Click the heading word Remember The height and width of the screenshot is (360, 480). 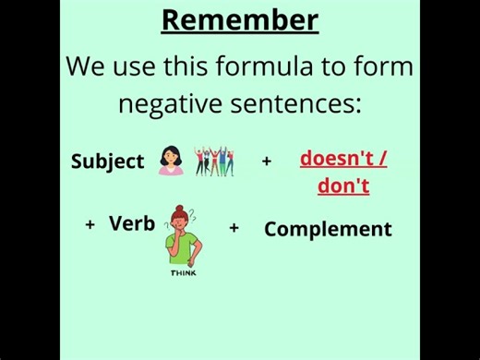tap(240, 19)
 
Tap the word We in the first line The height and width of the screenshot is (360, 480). tap(86, 66)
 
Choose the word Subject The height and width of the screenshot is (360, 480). tap(107, 162)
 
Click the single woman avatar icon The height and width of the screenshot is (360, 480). tap(171, 161)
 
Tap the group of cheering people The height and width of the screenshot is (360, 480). tap(214, 161)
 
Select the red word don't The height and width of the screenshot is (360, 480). tap(343, 186)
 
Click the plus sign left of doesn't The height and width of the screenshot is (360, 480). tap(267, 161)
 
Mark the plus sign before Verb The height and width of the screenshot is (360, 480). tap(90, 224)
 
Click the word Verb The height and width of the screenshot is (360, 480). tap(132, 223)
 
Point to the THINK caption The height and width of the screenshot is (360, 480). tap(183, 272)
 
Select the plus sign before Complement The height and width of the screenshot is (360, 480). tap(234, 227)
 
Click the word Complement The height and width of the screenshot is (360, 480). tap(328, 229)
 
